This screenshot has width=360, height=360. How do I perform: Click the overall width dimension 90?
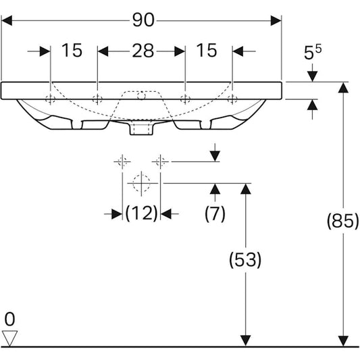pos(143,21)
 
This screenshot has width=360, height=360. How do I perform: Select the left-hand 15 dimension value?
pos(72,50)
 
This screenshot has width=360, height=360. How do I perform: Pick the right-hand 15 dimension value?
pos(207,50)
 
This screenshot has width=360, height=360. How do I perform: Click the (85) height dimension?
pos(342,221)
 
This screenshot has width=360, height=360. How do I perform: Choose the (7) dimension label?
pos(215,213)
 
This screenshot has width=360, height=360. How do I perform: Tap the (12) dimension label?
pos(141,213)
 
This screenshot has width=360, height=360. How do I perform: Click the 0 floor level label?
pos(9,318)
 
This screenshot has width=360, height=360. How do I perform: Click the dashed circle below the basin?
pos(140,182)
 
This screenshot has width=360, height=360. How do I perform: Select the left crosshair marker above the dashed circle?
pos(122,161)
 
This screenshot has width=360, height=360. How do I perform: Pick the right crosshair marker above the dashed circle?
pos(160,161)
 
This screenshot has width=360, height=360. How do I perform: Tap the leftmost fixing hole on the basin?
pos(50,99)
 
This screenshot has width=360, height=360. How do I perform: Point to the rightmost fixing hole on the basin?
pos(232,99)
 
